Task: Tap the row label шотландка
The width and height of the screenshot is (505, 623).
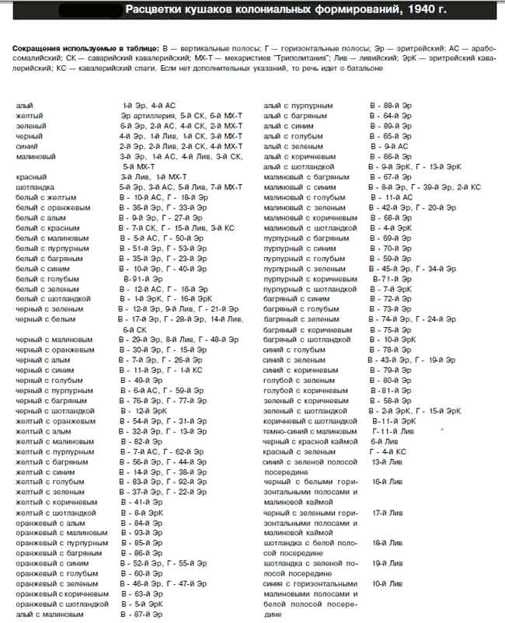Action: pos(36,187)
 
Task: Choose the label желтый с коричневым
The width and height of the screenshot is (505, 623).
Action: pos(54,503)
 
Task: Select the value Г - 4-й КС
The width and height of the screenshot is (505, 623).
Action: pos(388,451)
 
